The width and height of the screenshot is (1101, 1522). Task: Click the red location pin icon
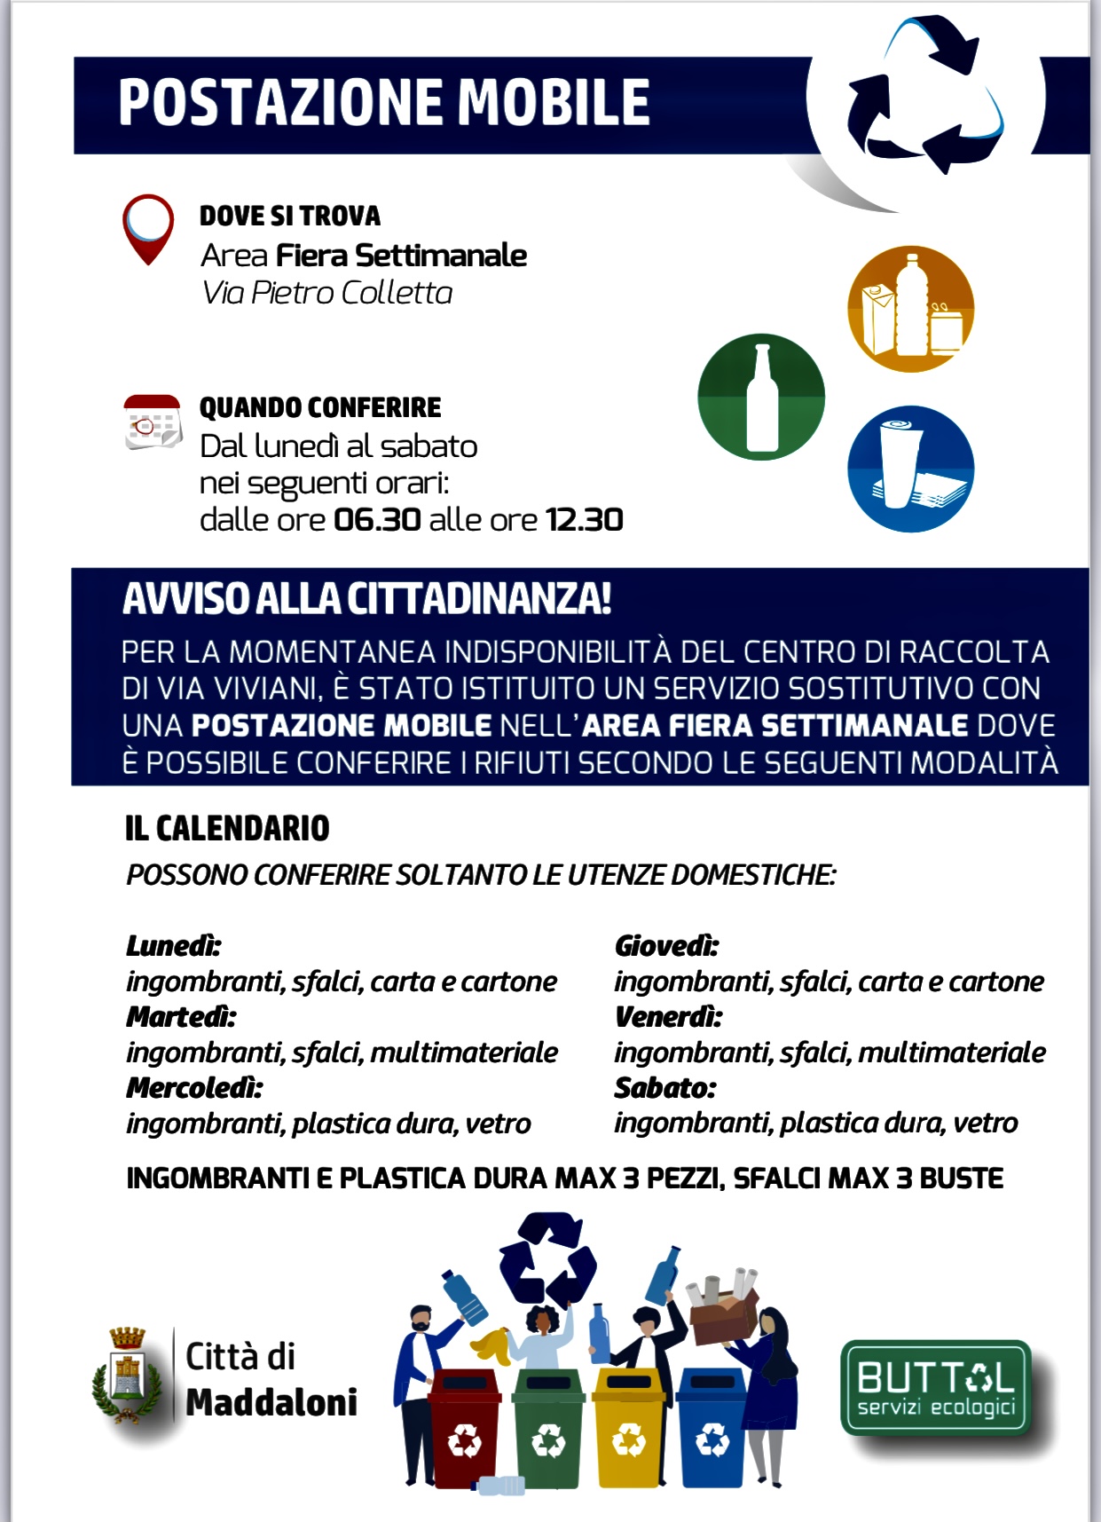click(148, 227)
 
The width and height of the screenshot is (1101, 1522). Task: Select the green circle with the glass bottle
click(761, 397)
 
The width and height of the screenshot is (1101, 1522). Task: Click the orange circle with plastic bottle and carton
click(911, 309)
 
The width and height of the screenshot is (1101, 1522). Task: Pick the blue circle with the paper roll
click(911, 469)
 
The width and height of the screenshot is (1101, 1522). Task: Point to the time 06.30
click(377, 520)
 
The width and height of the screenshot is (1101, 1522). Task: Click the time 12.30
click(585, 520)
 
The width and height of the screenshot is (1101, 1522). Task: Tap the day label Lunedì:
click(173, 945)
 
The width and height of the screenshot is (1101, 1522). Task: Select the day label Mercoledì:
click(194, 1087)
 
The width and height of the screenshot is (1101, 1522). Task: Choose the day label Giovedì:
click(666, 946)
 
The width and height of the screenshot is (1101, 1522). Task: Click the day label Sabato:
click(665, 1087)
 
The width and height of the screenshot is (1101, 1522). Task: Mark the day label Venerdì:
click(668, 1016)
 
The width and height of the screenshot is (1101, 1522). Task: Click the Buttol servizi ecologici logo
click(936, 1388)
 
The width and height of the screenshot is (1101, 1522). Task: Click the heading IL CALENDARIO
click(227, 828)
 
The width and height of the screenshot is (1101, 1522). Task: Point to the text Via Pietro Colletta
click(327, 293)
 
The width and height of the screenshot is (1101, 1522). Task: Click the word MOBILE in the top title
click(554, 102)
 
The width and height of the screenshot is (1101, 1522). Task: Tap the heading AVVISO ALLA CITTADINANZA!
click(367, 599)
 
